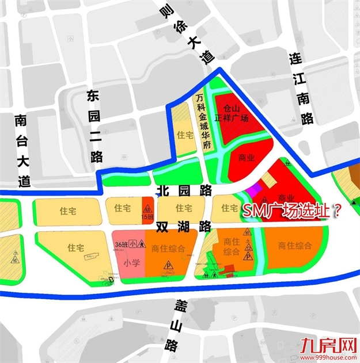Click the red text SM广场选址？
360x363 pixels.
291,211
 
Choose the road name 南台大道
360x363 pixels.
22,151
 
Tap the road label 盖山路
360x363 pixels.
170,328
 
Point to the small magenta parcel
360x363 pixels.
251,189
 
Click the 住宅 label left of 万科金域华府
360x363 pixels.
185,135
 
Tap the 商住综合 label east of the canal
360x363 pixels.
294,246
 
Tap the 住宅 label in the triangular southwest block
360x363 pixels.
77,247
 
